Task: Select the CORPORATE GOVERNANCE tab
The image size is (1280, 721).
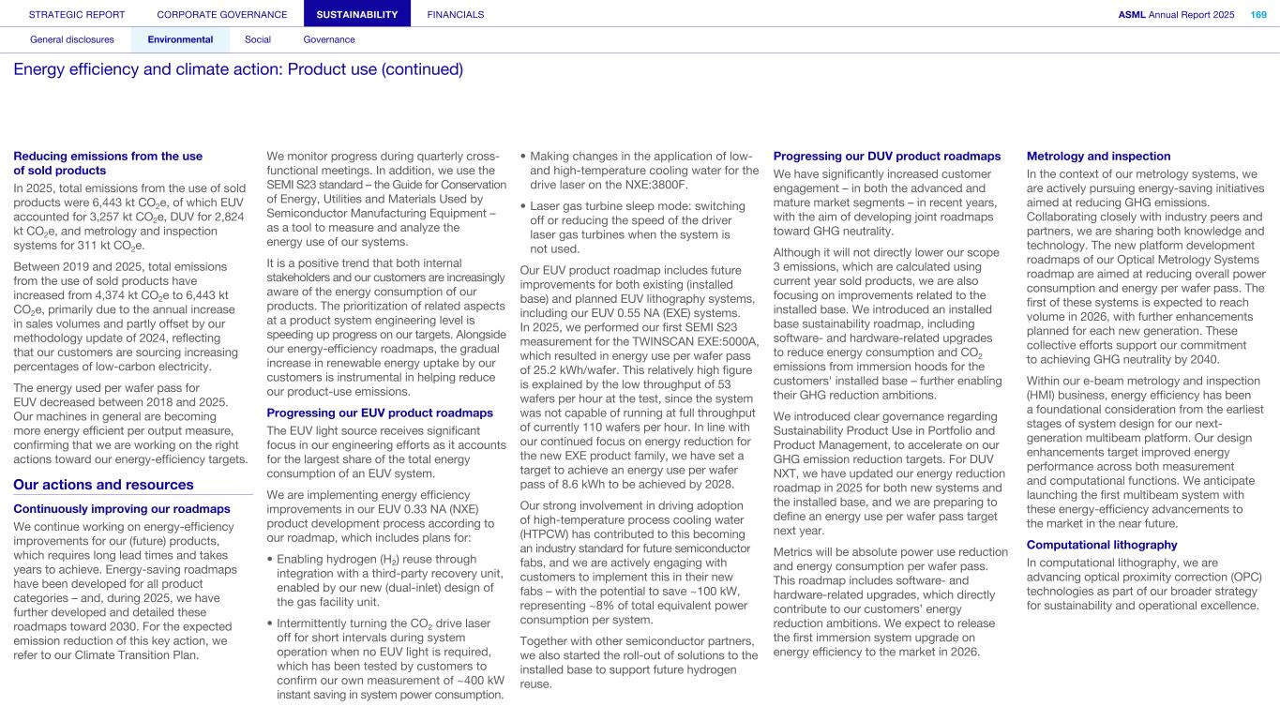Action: (x=222, y=14)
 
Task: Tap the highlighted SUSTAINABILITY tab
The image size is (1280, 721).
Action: (x=357, y=14)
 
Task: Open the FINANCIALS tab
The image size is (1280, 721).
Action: (x=456, y=14)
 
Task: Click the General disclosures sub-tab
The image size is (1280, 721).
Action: (x=72, y=39)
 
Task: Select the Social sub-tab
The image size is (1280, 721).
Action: (x=258, y=39)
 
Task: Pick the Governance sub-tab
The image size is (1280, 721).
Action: (x=329, y=39)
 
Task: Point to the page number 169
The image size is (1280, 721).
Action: (x=1257, y=14)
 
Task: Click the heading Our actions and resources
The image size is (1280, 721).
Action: (x=103, y=485)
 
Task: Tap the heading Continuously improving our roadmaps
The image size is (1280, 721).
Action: (x=122, y=509)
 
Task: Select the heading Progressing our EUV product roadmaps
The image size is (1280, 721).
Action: (x=380, y=413)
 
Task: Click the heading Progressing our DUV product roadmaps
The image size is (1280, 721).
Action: (x=886, y=157)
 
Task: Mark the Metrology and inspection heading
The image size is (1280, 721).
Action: (x=1098, y=157)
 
